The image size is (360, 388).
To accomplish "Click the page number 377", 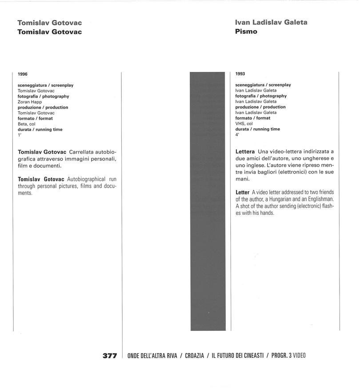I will point(109,356).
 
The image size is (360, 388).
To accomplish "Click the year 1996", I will point(23,74).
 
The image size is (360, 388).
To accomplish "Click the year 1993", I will point(240,74).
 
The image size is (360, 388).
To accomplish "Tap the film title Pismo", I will point(246,32).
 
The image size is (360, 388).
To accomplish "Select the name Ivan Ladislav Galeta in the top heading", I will point(271,22).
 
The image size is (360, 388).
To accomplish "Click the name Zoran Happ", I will point(30,102).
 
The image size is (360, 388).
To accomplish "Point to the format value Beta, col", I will point(26,124).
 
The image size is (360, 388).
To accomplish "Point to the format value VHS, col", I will point(244,124).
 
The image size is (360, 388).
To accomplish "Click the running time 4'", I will point(237,135).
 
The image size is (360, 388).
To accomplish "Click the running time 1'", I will point(20,135).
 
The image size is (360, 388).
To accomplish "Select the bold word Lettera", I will point(245,152).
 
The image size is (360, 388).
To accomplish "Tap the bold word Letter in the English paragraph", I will point(242,192).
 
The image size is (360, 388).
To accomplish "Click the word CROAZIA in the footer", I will point(194,356).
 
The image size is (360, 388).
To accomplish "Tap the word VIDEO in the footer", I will point(299,356).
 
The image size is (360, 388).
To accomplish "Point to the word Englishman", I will point(320,199).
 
